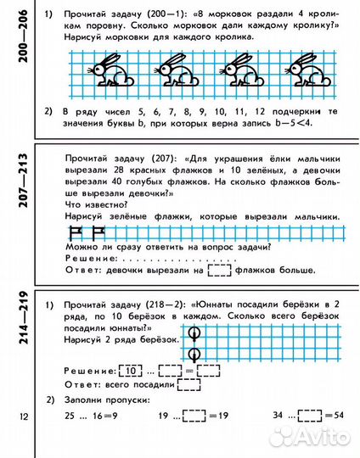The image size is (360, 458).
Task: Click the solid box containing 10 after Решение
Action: pyautogui.click(x=130, y=371)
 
